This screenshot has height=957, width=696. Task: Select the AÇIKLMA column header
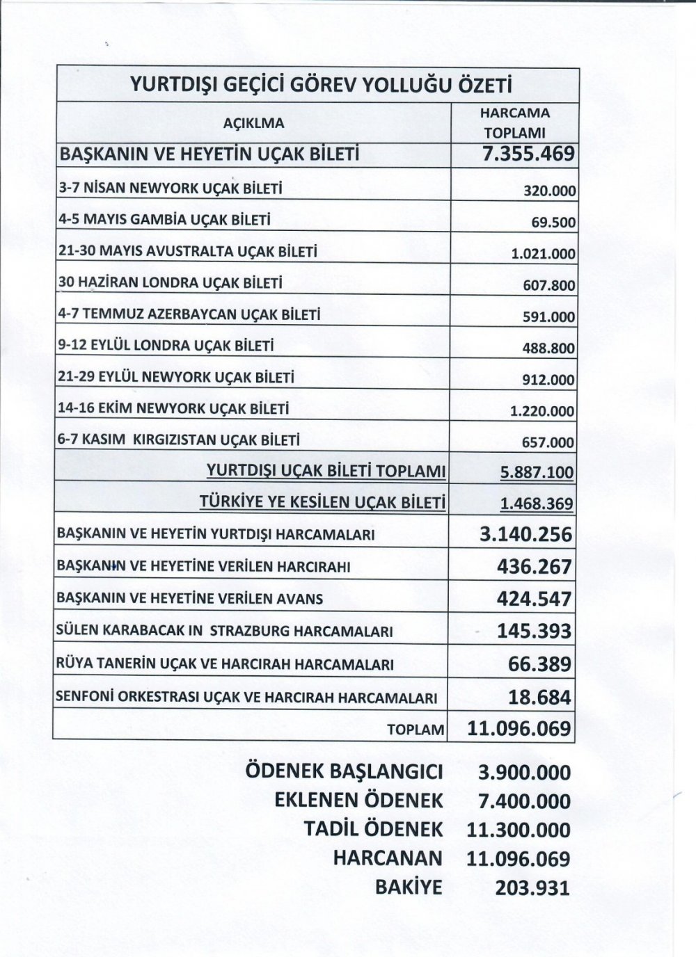(253, 123)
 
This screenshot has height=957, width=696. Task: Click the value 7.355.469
(528, 154)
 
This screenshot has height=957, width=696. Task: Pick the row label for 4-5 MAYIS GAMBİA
(164, 220)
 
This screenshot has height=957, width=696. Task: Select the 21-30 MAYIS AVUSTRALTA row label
(187, 251)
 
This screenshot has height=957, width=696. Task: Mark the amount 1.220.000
(542, 411)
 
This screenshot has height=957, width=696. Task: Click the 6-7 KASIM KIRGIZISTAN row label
(179, 440)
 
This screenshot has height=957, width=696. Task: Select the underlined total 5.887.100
(537, 473)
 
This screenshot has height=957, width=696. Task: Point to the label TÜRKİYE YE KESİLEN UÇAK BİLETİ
(322, 502)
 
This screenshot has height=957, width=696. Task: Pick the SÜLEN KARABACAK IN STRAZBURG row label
(225, 632)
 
